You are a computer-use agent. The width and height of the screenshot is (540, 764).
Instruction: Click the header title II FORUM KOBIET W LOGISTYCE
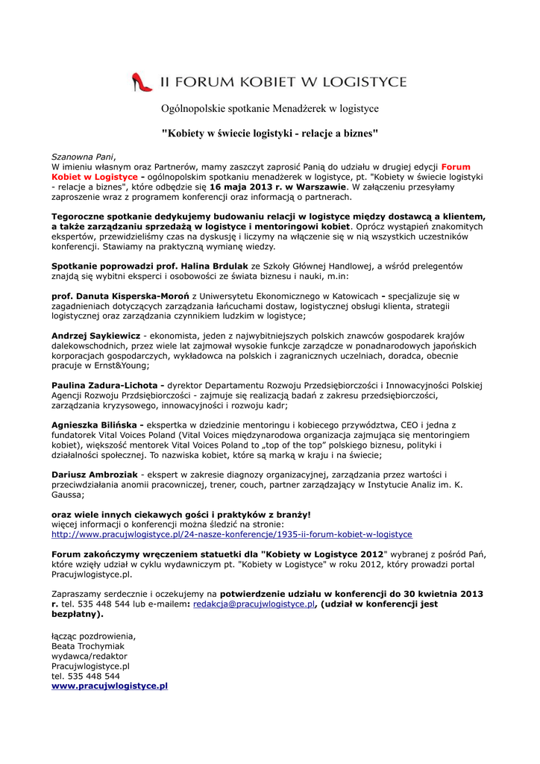[280, 82]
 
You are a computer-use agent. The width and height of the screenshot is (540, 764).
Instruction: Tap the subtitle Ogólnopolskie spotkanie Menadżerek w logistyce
[270, 109]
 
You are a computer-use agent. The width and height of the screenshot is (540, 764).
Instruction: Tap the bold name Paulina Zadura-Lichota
[107, 385]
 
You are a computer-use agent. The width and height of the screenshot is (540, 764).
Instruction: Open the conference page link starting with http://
[231, 534]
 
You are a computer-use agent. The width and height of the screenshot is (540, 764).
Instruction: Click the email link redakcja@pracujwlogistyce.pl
[254, 604]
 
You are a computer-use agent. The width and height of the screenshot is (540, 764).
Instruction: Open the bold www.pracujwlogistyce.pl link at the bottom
[110, 686]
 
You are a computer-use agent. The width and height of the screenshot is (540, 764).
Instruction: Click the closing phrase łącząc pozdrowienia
[93, 636]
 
